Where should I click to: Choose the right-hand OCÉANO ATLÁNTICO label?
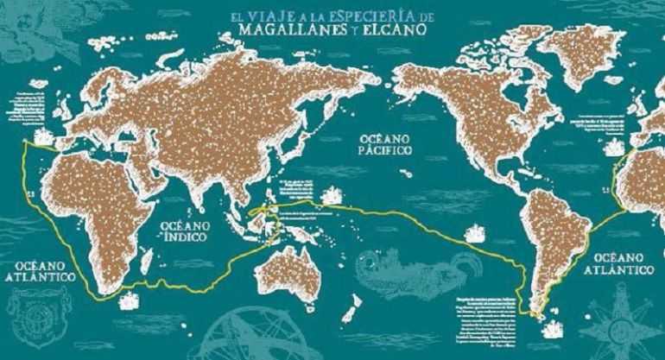[622, 264]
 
